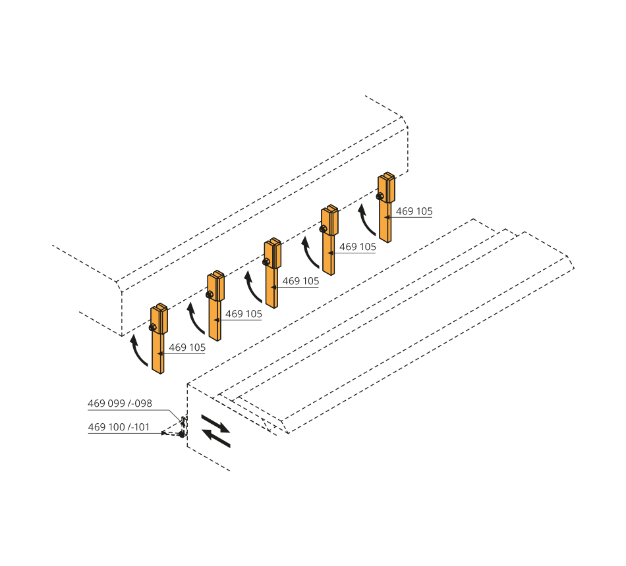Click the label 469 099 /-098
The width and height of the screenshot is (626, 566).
point(120,403)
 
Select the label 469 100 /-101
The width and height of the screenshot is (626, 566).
point(119,426)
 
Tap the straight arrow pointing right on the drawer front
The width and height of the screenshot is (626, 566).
point(215,424)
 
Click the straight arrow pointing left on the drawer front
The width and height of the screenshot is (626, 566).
point(216,438)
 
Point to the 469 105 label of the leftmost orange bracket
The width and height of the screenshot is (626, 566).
point(187,347)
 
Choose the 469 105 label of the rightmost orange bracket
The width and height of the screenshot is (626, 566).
point(414,211)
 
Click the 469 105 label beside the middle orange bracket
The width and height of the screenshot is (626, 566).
point(300,281)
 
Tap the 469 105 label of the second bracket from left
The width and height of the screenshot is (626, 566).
point(244,314)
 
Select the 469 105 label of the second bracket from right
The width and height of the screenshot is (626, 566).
point(358,247)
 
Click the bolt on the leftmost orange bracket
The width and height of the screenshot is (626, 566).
point(152,328)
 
